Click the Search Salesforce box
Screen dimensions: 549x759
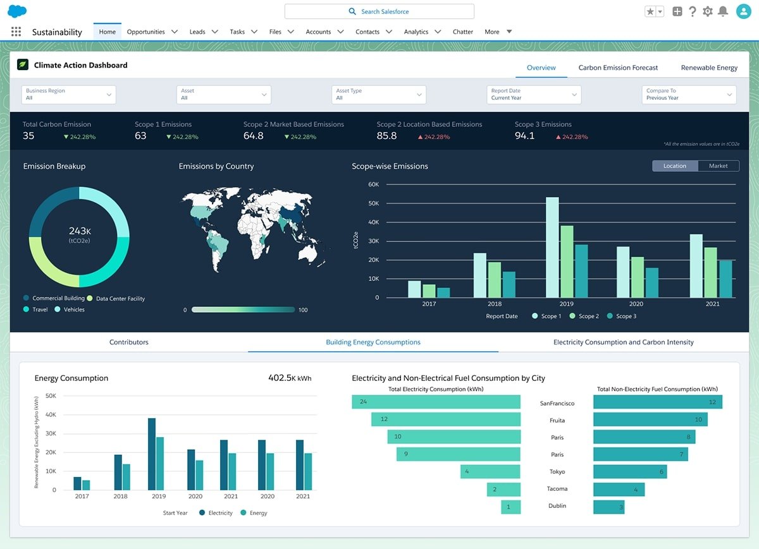point(379,11)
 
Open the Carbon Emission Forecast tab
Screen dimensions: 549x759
point(618,68)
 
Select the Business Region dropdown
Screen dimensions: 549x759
point(69,95)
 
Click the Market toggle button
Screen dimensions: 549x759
point(718,166)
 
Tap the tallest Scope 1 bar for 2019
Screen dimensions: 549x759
point(552,248)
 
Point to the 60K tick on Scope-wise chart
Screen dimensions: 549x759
point(373,184)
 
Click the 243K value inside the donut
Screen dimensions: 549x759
point(80,231)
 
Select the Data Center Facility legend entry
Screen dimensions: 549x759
point(120,298)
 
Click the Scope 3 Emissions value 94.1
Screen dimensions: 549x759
point(524,136)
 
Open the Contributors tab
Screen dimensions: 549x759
point(129,342)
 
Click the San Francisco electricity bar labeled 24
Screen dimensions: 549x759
point(436,402)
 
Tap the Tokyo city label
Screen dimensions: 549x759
point(557,472)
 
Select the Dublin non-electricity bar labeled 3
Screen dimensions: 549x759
point(608,507)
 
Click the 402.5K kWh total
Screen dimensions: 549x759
point(289,378)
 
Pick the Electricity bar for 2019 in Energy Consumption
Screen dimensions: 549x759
point(152,454)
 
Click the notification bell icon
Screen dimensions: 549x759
point(723,11)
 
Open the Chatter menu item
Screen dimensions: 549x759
point(463,32)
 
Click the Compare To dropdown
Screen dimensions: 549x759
point(689,95)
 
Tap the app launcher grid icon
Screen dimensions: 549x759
point(16,32)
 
